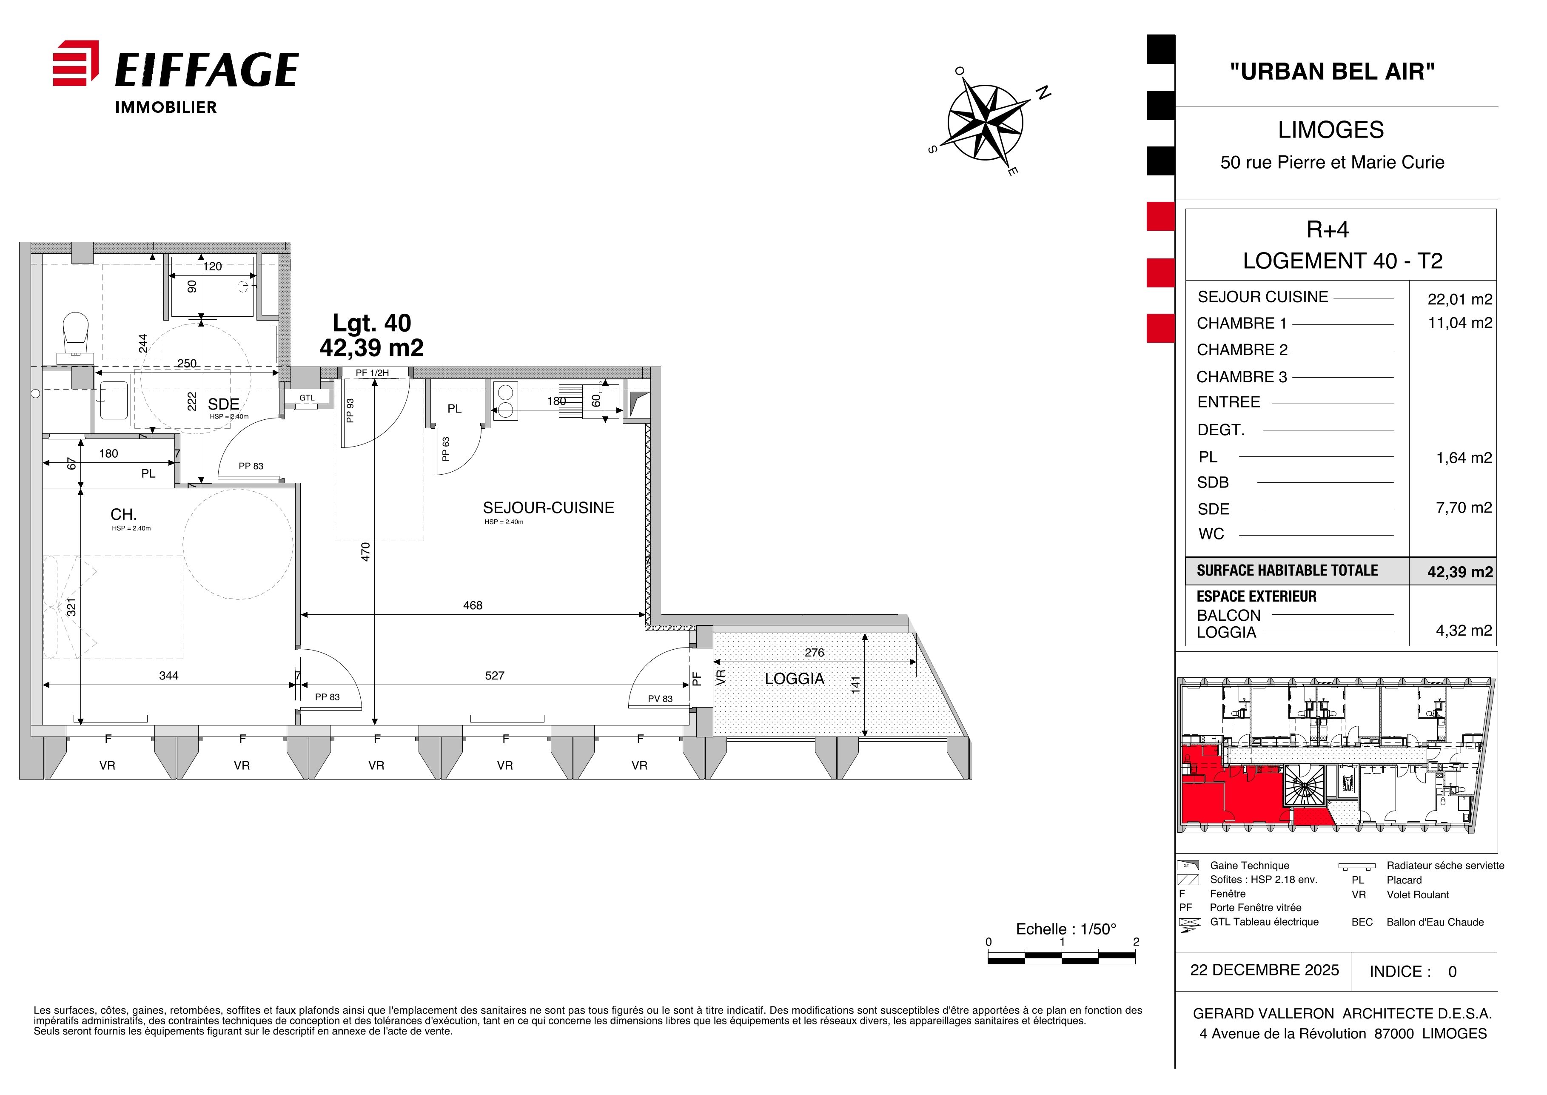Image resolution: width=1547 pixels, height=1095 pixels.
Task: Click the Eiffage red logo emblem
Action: (75, 63)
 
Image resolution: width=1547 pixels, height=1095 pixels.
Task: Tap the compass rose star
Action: (985, 123)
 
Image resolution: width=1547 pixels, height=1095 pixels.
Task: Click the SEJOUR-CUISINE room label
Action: (548, 508)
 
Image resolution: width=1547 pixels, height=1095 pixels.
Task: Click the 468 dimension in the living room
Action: (472, 605)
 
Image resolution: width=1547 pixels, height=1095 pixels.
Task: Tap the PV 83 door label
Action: (660, 699)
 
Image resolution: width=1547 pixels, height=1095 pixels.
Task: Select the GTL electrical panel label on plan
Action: (307, 398)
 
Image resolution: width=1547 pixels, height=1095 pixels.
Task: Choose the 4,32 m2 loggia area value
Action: (1464, 631)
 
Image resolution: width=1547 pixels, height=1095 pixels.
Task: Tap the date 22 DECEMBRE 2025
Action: (1265, 969)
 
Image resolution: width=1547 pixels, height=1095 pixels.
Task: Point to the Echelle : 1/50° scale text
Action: (1066, 929)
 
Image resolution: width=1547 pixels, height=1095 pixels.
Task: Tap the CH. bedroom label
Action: (124, 514)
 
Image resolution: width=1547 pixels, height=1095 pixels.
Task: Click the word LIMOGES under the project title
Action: (1331, 129)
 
